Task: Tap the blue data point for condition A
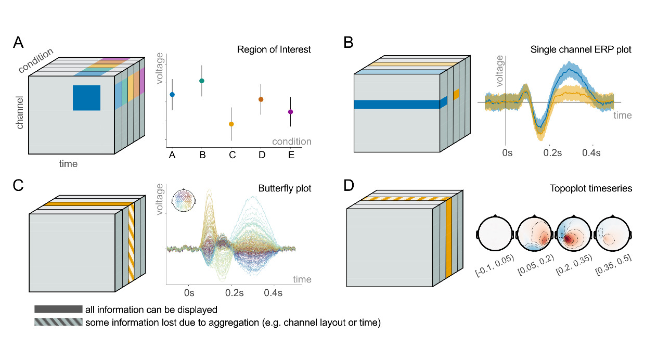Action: point(172,95)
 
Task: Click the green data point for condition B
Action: point(202,81)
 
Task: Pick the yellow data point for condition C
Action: point(231,124)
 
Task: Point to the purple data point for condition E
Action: point(290,112)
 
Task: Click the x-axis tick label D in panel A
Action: point(261,155)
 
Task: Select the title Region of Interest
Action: point(274,50)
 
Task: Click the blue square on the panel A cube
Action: point(86,98)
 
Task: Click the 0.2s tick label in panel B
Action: point(552,153)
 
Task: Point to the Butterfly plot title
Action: point(285,188)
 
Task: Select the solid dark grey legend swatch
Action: point(58,310)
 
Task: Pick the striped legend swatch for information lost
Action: point(58,323)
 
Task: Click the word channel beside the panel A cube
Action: point(20,112)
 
